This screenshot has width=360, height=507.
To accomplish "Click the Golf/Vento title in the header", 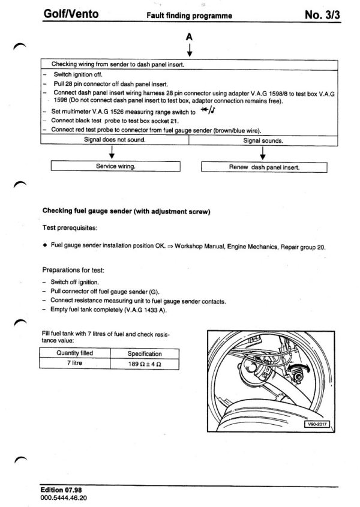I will (x=70, y=15).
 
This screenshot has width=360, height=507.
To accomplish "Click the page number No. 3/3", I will (x=322, y=15).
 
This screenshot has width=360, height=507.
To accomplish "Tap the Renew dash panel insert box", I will (x=264, y=167).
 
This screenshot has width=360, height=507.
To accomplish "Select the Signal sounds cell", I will (x=263, y=140).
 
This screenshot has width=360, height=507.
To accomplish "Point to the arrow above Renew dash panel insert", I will (x=263, y=152).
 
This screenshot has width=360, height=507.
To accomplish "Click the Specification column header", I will (x=145, y=353).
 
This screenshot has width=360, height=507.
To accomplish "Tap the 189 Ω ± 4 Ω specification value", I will (x=145, y=364).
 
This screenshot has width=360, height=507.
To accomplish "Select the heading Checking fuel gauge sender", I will (x=125, y=211).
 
